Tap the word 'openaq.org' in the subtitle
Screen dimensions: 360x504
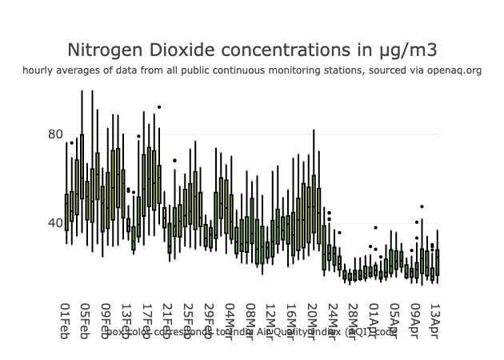click(x=454, y=70)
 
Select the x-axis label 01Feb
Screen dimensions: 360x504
click(x=66, y=321)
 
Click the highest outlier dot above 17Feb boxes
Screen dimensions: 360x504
click(x=159, y=106)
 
